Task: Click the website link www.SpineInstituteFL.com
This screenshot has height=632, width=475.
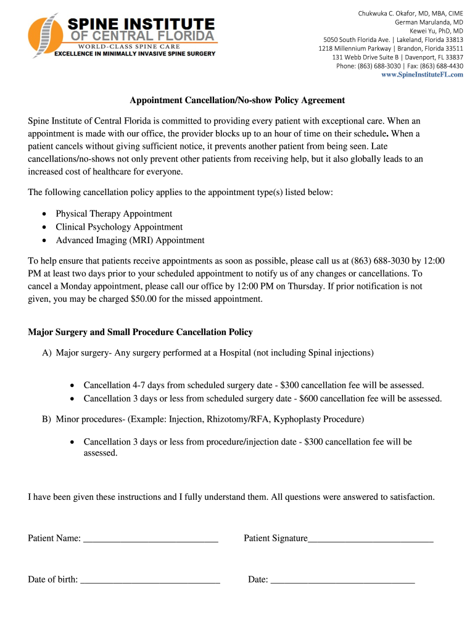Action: [x=422, y=75]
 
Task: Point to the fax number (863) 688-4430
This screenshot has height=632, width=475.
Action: [x=442, y=66]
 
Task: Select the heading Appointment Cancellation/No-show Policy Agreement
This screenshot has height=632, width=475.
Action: [x=237, y=100]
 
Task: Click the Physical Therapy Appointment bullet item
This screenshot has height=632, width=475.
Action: [x=114, y=214]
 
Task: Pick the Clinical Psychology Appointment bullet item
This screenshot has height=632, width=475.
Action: [x=119, y=227]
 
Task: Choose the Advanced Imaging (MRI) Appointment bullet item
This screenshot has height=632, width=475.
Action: [x=130, y=240]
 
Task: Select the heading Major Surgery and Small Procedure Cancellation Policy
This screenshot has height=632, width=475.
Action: [x=141, y=332]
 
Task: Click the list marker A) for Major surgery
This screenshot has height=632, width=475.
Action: [x=47, y=353]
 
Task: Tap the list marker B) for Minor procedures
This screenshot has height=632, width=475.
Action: [x=47, y=420]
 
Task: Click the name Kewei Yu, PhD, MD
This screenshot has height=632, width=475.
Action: [x=436, y=31]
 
